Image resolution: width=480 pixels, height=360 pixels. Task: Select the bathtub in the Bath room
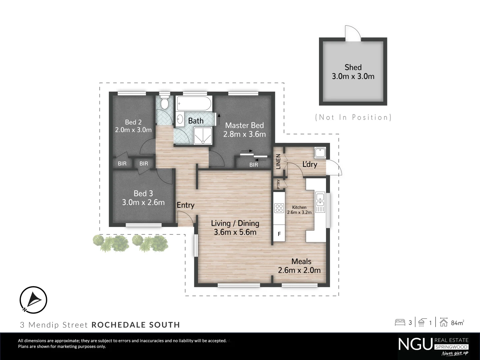click(194, 104)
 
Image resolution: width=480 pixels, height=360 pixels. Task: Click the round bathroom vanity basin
click(180, 119)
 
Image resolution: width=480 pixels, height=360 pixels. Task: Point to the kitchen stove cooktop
click(279, 208)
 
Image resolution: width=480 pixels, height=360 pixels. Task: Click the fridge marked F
click(279, 234)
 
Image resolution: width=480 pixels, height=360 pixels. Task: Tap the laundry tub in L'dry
click(320, 153)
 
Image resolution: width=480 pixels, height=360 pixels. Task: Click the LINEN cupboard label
click(278, 161)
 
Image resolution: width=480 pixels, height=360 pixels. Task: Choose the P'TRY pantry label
click(278, 184)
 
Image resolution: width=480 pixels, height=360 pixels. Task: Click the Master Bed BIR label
click(254, 165)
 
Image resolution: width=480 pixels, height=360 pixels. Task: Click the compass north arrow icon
click(33, 300)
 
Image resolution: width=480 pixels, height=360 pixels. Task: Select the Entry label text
click(185, 205)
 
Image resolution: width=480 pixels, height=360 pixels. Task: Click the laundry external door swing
click(334, 168)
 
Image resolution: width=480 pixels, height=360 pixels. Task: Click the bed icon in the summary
click(400, 323)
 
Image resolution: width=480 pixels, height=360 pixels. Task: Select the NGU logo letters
click(415, 344)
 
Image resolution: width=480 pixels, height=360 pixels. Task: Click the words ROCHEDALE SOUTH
click(136, 325)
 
